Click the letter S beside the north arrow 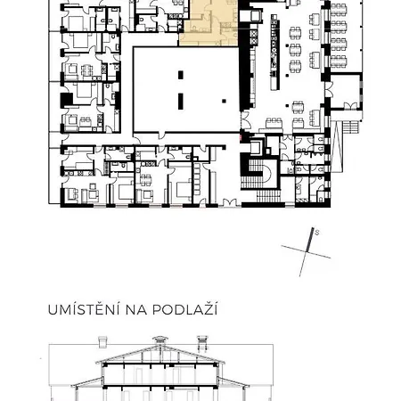(x=317, y=233)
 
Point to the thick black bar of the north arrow (x=309, y=241)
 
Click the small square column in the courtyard (x=224, y=99)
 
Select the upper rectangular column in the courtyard (x=181, y=76)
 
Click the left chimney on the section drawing (x=102, y=340)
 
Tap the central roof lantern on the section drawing (x=160, y=340)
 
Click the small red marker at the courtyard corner (x=241, y=136)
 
